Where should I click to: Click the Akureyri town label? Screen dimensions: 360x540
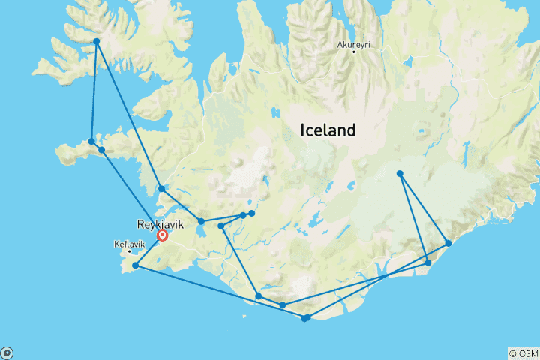point(354,45)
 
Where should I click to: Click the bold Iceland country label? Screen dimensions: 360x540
point(328,130)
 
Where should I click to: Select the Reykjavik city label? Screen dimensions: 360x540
point(160,224)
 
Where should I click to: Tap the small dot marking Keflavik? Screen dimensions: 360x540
point(129,251)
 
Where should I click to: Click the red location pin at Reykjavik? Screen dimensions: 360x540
point(163,235)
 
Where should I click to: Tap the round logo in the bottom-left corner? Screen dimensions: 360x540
point(7,352)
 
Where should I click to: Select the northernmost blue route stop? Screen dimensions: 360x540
point(97,41)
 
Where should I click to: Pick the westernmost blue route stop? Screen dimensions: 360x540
point(91,141)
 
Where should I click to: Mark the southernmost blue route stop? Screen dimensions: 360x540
point(304,319)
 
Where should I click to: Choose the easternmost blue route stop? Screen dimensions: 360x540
point(448,243)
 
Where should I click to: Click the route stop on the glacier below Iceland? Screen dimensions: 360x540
point(400,174)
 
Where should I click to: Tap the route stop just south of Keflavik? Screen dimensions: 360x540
point(135,265)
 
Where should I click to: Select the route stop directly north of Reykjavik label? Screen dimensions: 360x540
point(161,188)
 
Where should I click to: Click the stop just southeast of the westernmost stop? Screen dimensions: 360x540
point(101,150)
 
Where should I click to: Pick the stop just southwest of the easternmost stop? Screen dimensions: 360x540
point(428,262)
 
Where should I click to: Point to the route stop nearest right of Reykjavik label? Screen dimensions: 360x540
point(201,221)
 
